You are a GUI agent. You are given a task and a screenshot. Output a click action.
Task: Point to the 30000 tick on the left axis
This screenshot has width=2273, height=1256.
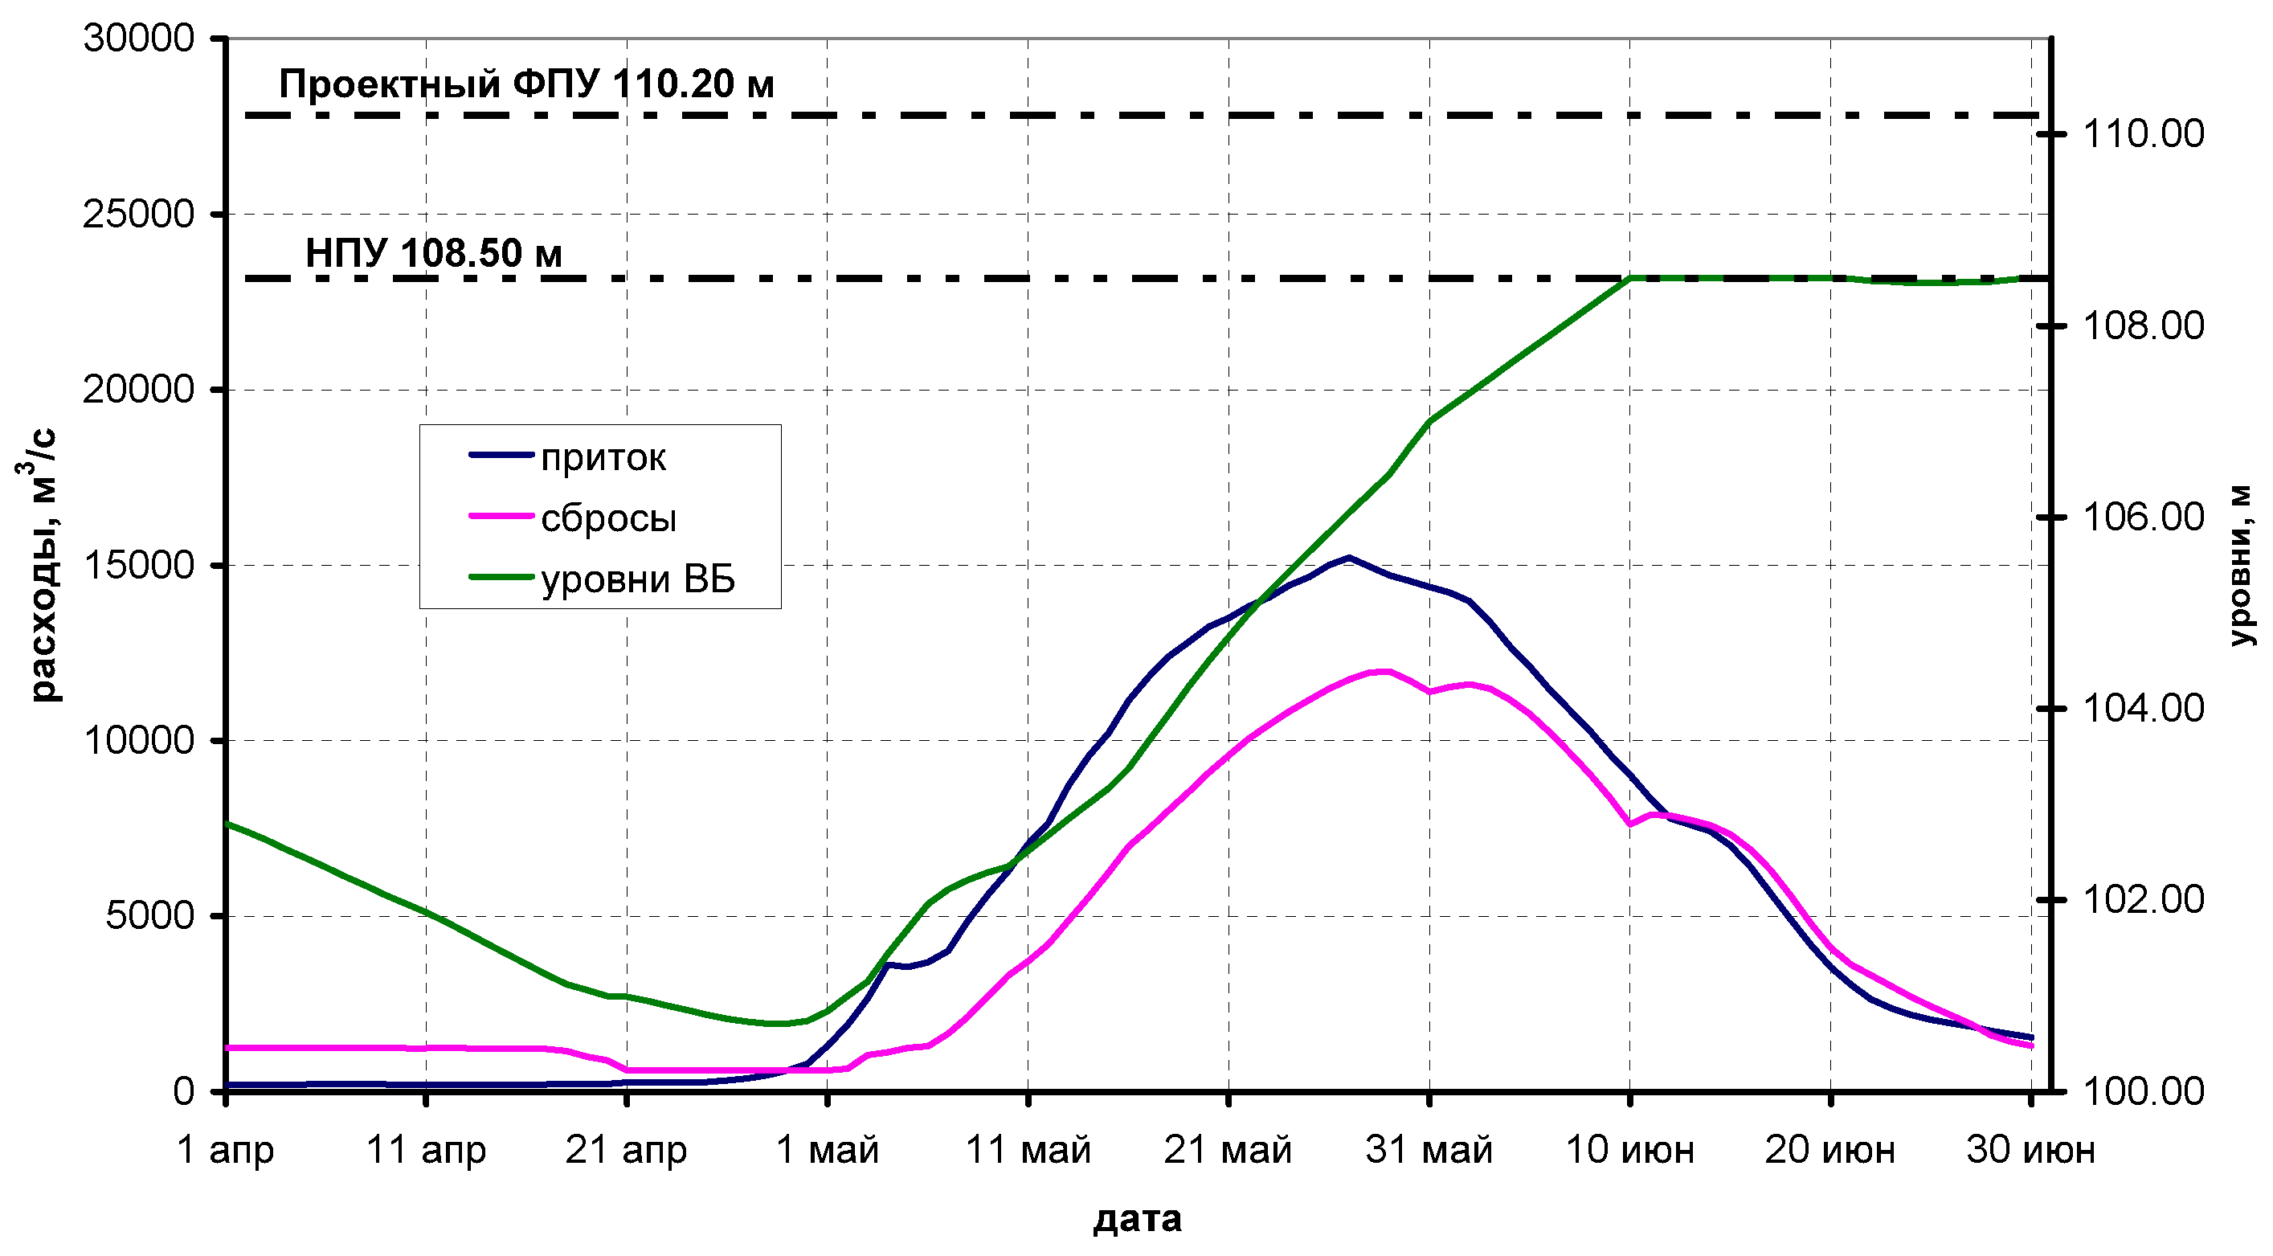point(138,38)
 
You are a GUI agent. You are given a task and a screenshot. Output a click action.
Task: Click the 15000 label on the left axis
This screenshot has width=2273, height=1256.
point(138,565)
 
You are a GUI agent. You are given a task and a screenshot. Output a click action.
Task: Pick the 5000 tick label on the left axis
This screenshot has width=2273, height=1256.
point(149,915)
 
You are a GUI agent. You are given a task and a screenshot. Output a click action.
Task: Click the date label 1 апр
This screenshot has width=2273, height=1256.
point(226,1150)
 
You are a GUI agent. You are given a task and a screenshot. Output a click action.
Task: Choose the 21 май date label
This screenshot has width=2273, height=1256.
point(1228,1150)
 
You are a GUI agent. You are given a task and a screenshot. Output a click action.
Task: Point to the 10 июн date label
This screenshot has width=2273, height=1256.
point(1629,1150)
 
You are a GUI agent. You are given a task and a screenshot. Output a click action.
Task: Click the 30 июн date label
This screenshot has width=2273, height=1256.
point(2031,1150)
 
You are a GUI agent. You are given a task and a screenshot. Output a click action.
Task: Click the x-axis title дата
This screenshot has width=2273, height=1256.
point(1138,1219)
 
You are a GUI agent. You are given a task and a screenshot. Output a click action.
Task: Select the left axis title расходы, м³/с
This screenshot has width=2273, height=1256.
point(39,565)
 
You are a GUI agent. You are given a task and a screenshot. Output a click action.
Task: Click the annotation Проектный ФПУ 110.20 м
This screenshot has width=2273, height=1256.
point(527,84)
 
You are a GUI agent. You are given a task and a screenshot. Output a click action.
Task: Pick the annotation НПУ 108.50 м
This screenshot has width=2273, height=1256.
point(433,253)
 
